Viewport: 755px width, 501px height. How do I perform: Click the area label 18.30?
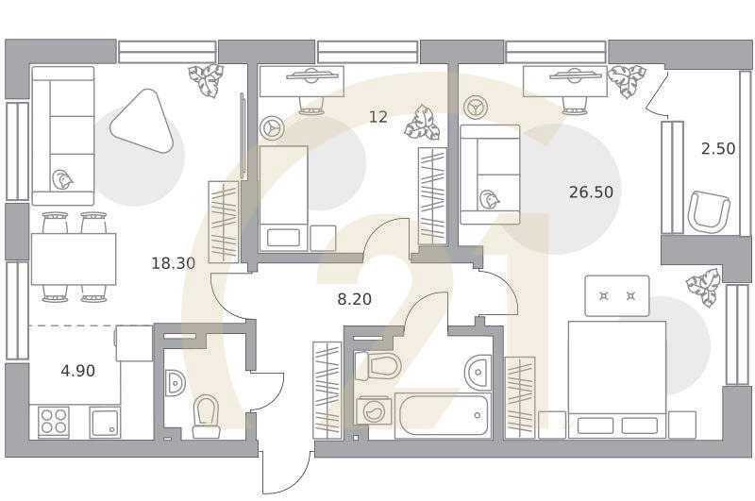click(173, 263)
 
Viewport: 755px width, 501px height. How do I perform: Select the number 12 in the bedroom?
click(378, 117)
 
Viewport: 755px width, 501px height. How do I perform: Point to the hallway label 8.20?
click(355, 299)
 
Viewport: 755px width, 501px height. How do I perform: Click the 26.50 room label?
click(591, 192)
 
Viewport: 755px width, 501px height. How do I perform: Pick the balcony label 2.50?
click(717, 148)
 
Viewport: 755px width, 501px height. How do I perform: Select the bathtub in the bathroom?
click(442, 415)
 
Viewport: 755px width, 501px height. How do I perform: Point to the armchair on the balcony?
click(708, 210)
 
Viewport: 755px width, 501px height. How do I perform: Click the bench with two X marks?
click(617, 296)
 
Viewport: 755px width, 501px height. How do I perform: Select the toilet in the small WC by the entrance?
click(205, 416)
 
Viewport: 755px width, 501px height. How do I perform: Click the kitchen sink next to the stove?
click(105, 421)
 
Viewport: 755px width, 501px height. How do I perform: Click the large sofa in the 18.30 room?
click(63, 136)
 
